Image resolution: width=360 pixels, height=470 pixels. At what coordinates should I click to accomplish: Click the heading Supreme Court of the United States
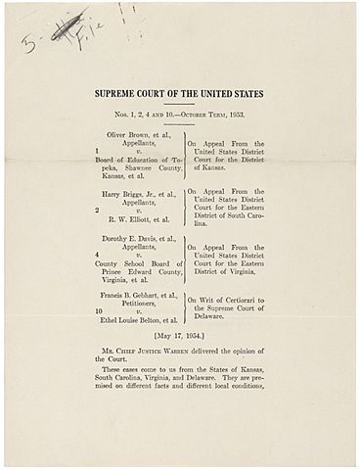[179, 95]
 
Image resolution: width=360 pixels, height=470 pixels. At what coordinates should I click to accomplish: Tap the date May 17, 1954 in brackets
[179, 338]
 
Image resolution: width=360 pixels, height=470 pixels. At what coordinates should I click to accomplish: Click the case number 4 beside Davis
[98, 256]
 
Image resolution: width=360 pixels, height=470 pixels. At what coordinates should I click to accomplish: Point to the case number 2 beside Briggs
[98, 210]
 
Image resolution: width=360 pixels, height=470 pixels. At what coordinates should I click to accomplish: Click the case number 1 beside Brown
[98, 150]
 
